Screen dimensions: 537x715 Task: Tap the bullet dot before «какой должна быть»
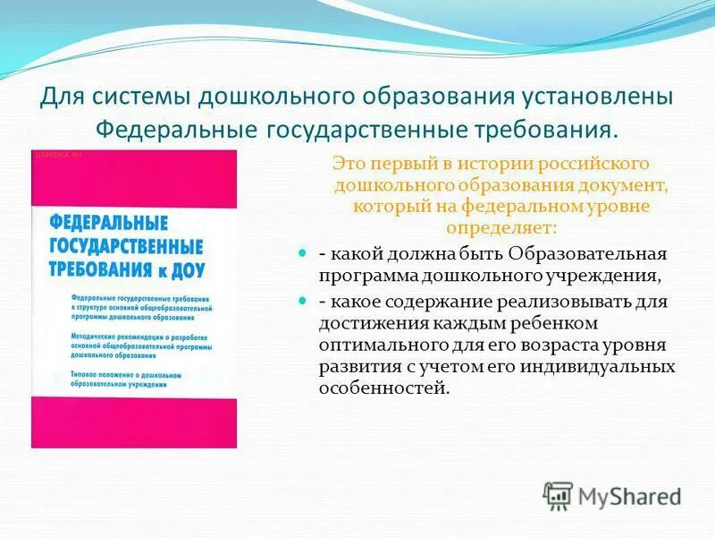coord(302,254)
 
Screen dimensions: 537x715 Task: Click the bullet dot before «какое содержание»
coord(302,301)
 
